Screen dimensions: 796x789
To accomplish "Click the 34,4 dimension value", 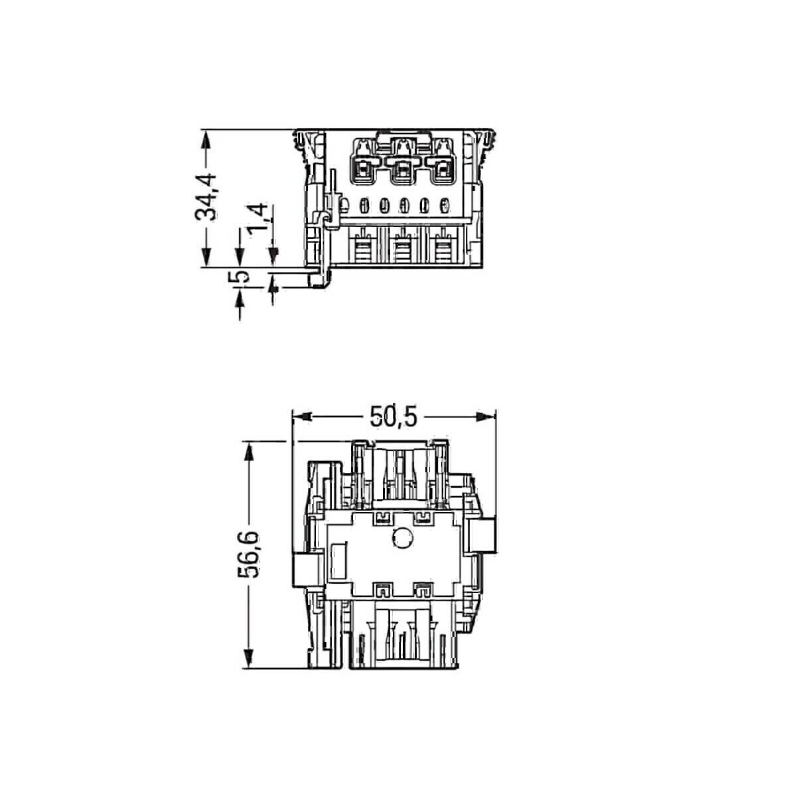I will [208, 197].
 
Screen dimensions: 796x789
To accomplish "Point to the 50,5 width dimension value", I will [392, 417].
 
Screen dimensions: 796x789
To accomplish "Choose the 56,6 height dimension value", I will [250, 555].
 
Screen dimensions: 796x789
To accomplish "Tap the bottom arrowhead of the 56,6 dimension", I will [250, 659].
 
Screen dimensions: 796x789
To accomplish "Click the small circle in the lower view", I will [401, 539].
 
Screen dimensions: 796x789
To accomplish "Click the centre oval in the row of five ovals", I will [402, 207].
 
